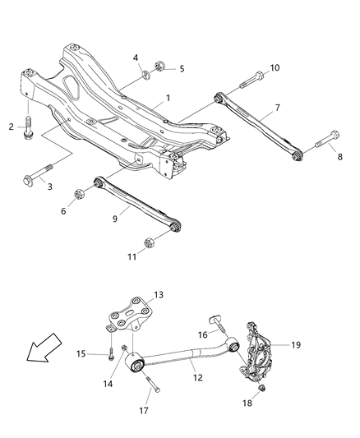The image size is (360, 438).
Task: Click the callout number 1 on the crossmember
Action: (x=168, y=98)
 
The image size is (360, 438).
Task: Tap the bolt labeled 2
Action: (x=29, y=127)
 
